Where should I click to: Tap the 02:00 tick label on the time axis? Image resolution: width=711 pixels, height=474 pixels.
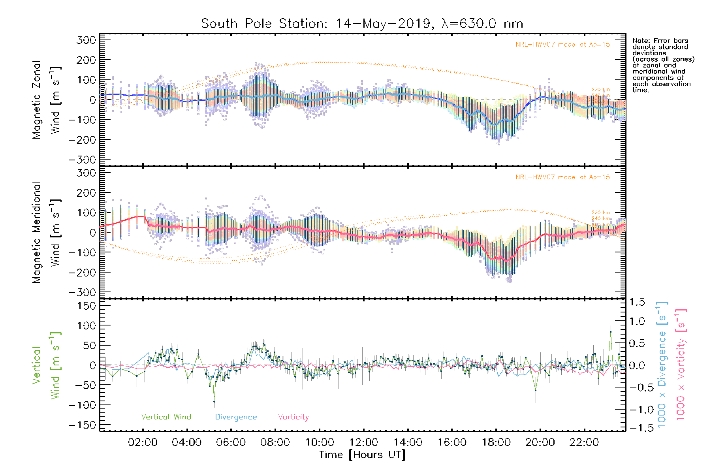[143, 442]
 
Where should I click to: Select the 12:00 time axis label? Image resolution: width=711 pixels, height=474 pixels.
[363, 442]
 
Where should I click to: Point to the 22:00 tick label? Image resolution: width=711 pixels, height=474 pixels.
[584, 442]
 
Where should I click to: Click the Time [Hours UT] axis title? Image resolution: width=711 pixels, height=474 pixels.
[362, 455]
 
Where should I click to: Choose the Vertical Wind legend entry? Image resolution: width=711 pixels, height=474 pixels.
[166, 417]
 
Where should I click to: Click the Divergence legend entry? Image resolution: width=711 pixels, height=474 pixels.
[236, 417]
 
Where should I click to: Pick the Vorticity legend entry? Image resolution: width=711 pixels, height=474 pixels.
[293, 417]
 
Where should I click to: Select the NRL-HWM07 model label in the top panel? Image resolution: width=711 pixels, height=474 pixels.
[562, 45]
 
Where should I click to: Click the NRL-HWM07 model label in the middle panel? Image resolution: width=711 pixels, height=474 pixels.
[562, 177]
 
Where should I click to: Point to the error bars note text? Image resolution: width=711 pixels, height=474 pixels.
[663, 65]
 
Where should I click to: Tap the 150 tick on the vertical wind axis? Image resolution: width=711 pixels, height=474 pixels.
[86, 306]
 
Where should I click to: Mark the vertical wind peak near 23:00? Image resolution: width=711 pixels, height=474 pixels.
[611, 332]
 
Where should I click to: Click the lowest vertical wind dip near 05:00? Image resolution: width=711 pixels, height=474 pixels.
[214, 402]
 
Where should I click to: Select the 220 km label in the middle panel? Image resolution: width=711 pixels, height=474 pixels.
[600, 213]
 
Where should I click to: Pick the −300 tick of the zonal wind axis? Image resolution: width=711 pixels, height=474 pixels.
[82, 160]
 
